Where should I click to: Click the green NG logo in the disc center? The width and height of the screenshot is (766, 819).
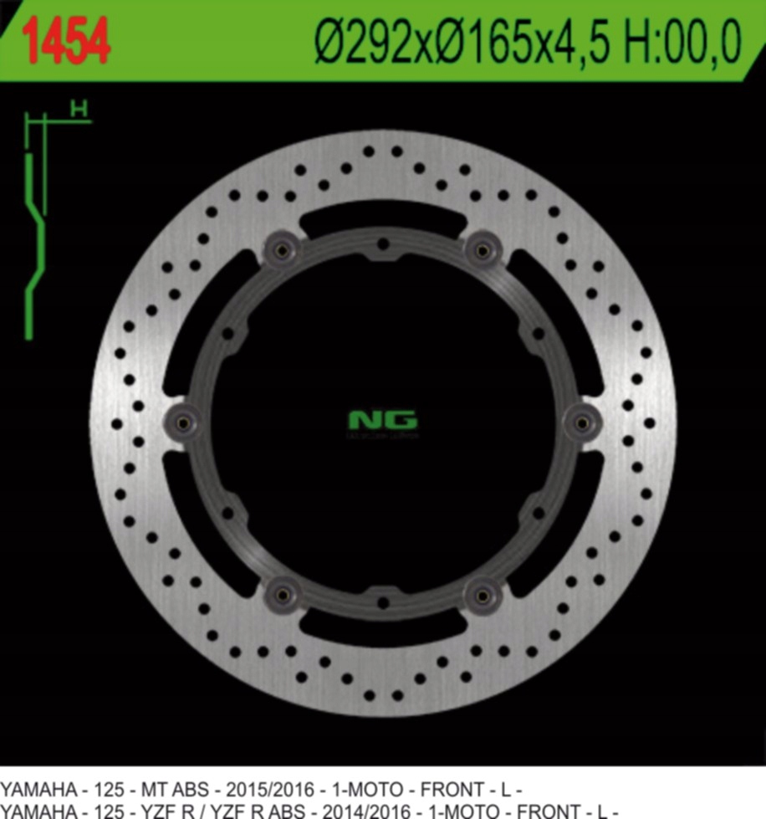tap(382, 420)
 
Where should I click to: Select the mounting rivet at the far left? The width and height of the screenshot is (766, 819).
tap(183, 422)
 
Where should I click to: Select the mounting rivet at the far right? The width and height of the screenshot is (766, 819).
tap(581, 422)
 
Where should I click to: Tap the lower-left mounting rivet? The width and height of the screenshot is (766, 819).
tap(283, 595)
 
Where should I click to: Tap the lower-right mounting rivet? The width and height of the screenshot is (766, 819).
tap(483, 595)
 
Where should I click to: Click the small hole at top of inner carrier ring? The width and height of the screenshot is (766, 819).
tap(383, 245)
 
